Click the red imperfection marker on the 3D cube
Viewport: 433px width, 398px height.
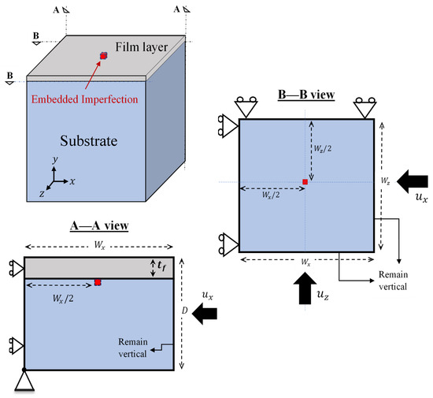click(103, 56)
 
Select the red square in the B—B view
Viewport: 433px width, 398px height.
click(305, 182)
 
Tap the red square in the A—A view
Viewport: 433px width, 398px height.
click(98, 281)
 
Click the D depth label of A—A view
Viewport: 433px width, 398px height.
click(186, 312)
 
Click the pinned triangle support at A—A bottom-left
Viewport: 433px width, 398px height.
click(24, 381)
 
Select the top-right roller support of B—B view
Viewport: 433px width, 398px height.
click(364, 108)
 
